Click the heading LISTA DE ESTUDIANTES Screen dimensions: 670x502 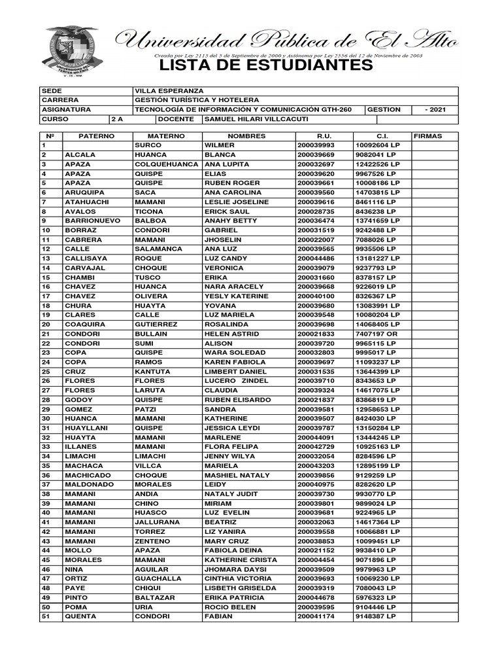coord(265,66)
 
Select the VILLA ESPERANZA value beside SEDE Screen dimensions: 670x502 coord(169,90)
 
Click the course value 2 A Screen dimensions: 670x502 coord(118,120)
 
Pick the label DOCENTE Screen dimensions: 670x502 coord(176,120)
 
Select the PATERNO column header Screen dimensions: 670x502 coord(97,135)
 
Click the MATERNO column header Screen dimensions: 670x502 coord(167,135)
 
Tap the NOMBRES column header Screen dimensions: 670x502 coord(247,135)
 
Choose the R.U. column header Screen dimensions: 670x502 coord(324,135)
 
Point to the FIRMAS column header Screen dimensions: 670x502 coord(428,135)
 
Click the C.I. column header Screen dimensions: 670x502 coord(382,135)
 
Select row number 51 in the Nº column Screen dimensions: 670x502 coord(46,616)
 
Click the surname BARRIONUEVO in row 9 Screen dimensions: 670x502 coord(93,220)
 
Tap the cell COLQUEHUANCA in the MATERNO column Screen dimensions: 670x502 coord(166,164)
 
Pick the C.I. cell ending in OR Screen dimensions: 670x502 coord(376,334)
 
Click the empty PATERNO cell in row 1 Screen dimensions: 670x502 coord(97,145)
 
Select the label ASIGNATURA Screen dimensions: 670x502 coord(66,110)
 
